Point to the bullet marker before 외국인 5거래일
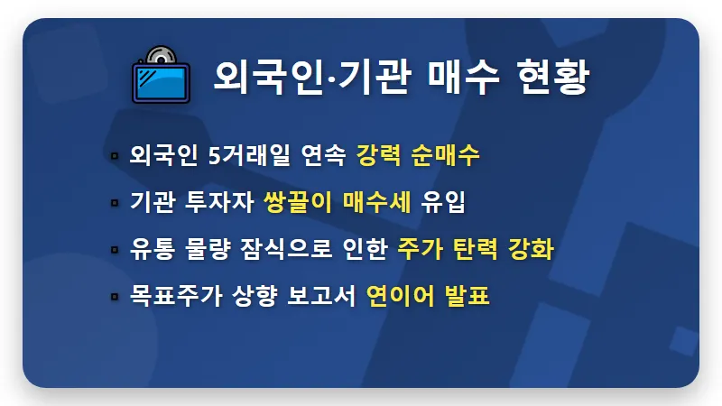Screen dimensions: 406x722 pos(115,156)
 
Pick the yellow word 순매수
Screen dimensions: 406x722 pos(447,155)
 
